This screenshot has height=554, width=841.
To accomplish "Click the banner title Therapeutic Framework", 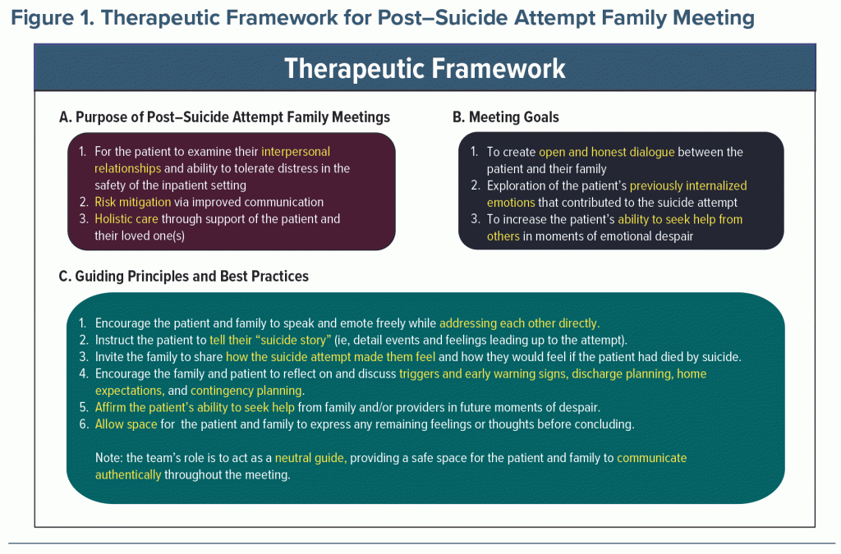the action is [x=425, y=69].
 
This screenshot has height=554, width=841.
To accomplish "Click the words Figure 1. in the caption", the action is [x=53, y=18].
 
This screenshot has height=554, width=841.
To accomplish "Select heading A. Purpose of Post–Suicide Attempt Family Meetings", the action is [x=224, y=117].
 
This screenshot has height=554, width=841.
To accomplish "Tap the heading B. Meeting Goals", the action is [x=506, y=117].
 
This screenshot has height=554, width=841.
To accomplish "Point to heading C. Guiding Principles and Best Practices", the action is [x=183, y=277].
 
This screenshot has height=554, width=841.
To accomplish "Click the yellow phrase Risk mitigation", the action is [x=132, y=202].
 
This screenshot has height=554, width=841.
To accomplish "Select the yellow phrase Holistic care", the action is [x=126, y=218].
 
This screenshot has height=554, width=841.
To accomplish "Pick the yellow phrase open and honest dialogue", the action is [x=607, y=152].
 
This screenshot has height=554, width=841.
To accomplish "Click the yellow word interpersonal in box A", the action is [x=296, y=152].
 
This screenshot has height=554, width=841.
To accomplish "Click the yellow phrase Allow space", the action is [x=126, y=424].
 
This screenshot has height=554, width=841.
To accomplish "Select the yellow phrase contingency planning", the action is [x=247, y=391].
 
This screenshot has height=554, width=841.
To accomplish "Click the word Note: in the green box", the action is [x=109, y=458].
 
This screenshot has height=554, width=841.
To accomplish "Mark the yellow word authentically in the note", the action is [x=127, y=474].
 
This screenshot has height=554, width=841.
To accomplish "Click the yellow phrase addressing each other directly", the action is [x=519, y=323].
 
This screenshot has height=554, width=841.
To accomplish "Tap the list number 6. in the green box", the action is [x=84, y=424].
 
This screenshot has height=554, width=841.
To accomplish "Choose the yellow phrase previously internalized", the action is [x=688, y=186].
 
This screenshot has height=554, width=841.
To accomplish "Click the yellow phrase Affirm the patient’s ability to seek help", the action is [x=195, y=408].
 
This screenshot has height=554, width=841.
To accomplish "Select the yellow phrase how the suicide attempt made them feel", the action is [x=330, y=357].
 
